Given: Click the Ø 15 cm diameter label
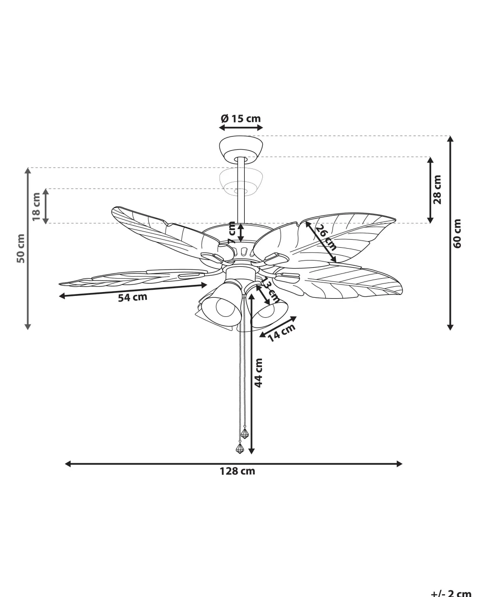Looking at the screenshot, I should click(x=241, y=118).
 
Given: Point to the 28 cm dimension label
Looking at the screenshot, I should click(x=437, y=189).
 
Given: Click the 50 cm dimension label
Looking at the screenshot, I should click(x=21, y=248).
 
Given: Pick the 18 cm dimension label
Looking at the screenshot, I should click(x=37, y=207).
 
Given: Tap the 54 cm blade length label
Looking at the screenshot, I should click(x=133, y=297).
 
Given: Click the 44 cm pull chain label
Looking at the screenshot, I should click(x=258, y=373).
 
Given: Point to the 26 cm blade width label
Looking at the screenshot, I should click(x=326, y=238).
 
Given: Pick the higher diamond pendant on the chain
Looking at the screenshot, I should click(x=245, y=433).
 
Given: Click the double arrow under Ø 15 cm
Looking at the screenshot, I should click(x=241, y=128).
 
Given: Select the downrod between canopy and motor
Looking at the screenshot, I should click(x=241, y=191).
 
